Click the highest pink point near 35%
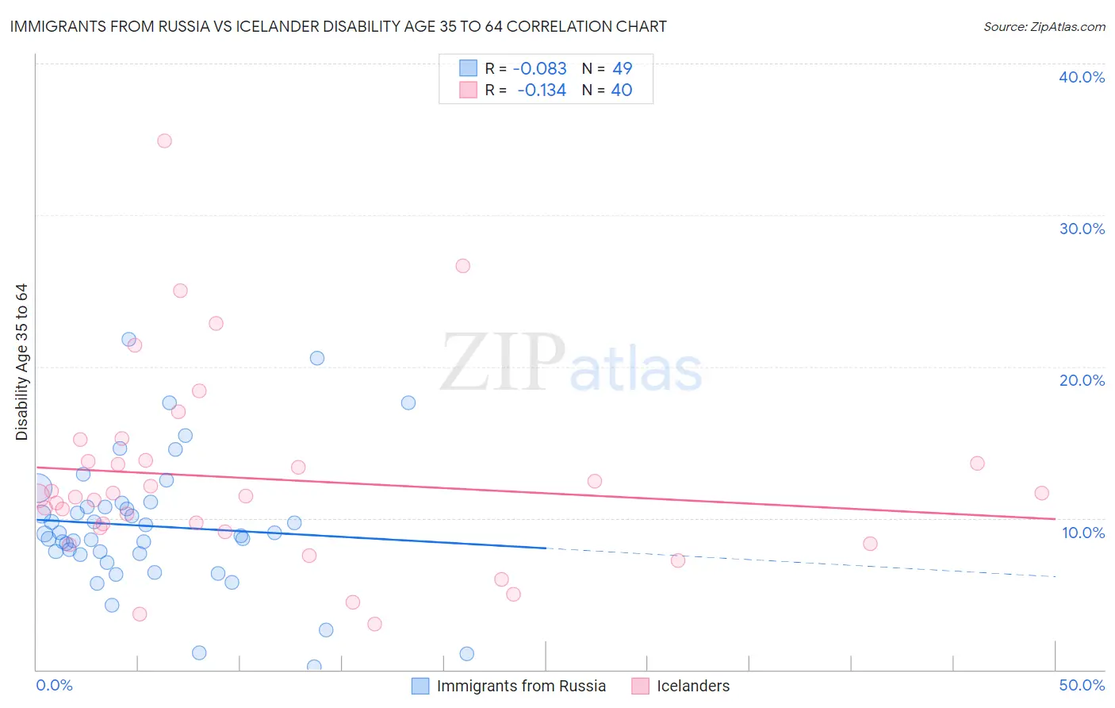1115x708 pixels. click(164, 140)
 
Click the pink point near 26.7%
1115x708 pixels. click(463, 266)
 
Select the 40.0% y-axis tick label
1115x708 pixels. click(1082, 77)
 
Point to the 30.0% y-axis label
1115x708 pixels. click(1082, 229)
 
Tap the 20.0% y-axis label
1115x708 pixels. click(1082, 380)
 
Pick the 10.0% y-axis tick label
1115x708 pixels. click(1083, 533)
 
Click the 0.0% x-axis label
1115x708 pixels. click(54, 685)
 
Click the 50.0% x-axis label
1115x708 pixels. click(1082, 685)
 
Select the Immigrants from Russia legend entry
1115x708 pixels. click(521, 686)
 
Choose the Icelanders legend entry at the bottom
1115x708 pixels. click(693, 686)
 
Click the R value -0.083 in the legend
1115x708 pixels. click(539, 69)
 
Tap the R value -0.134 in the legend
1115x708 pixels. click(542, 90)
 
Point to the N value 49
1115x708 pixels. click(622, 69)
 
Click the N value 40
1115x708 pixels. click(622, 90)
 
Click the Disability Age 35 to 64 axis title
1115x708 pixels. click(21, 362)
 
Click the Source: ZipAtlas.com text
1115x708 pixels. click(1044, 27)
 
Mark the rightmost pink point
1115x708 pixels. click(1042, 493)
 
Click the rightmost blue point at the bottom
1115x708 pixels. click(467, 654)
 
